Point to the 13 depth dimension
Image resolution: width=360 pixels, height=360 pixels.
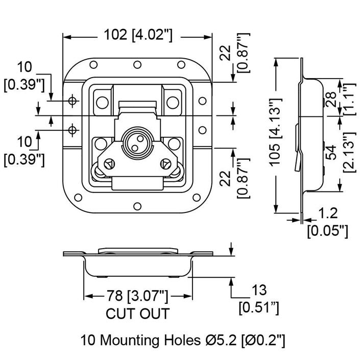pos(259,291)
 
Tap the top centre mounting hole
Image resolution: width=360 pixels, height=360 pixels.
pos(137,65)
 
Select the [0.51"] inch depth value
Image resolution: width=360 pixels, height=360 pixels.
pos(259,308)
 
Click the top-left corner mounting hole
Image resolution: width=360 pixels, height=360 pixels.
pos(93,65)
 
